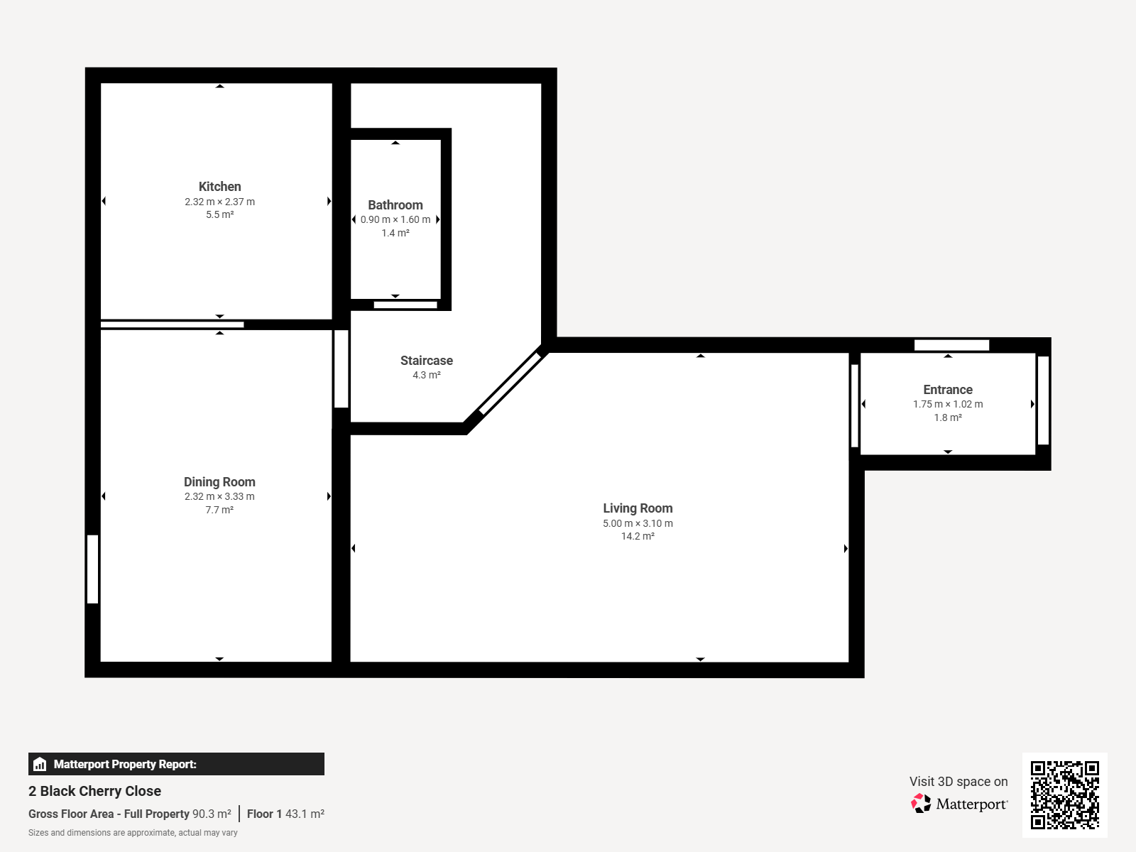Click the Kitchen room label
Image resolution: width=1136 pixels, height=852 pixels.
point(219,187)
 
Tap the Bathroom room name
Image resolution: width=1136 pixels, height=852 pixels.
point(395,205)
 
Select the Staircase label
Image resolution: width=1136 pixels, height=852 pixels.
point(427,361)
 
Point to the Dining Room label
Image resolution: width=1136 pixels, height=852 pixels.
point(219,482)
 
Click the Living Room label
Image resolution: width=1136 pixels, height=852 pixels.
point(638,508)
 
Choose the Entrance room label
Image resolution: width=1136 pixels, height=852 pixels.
point(948,390)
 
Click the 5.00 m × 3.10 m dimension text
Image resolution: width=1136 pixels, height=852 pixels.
point(638,523)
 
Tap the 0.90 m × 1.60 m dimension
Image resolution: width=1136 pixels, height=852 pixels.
point(395,220)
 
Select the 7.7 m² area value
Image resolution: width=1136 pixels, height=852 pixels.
point(219,510)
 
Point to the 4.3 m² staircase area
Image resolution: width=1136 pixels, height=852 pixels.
point(427,375)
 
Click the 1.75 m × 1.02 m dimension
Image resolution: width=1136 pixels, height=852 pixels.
point(948,405)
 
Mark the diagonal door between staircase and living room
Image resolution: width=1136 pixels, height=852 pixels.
point(510,383)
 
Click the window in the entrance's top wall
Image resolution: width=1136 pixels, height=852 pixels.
point(952,345)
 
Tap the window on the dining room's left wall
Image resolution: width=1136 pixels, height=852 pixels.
point(92,569)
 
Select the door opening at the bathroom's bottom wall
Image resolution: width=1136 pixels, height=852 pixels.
point(405,305)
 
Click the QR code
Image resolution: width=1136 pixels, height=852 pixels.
point(1064,795)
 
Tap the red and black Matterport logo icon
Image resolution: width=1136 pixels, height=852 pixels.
point(921,804)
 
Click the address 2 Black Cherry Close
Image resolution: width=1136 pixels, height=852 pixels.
point(94,791)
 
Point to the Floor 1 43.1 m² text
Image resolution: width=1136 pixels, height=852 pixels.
point(285,814)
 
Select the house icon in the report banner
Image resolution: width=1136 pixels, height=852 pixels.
point(40,764)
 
